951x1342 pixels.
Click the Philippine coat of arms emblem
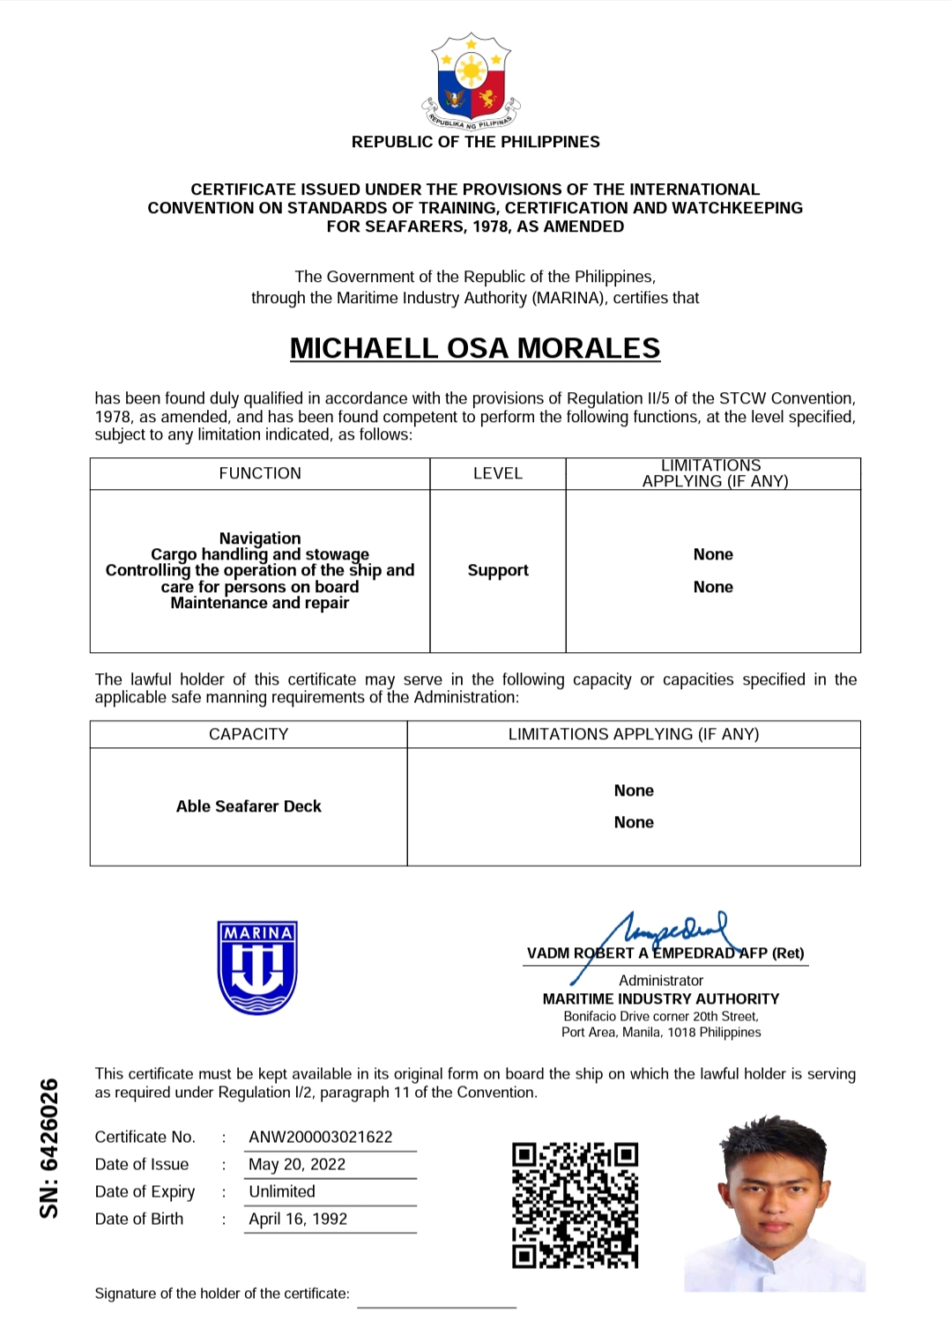[x=472, y=82]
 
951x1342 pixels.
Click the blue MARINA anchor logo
[x=257, y=968]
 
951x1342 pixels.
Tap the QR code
[x=575, y=1205]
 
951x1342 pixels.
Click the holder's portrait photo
[x=775, y=1204]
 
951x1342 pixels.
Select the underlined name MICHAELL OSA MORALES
[x=475, y=348]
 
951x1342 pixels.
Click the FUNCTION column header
[x=260, y=473]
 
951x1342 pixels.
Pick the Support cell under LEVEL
[x=498, y=570]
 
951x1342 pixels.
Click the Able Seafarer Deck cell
[x=249, y=806]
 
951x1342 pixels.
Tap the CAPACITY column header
[x=249, y=734]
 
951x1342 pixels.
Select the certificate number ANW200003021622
[x=321, y=1137]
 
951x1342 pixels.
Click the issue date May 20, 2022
[x=297, y=1164]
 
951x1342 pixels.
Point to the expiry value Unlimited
[x=282, y=1191]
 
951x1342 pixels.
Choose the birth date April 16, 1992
[x=298, y=1219]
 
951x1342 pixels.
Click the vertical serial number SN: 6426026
[x=49, y=1148]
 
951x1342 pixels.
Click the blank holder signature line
[x=436, y=1306]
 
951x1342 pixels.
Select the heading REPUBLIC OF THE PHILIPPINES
[x=475, y=142]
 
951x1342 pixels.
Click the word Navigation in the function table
[x=260, y=538]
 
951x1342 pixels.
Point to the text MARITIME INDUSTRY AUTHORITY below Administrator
[x=661, y=998]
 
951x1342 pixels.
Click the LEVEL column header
[x=498, y=473]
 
